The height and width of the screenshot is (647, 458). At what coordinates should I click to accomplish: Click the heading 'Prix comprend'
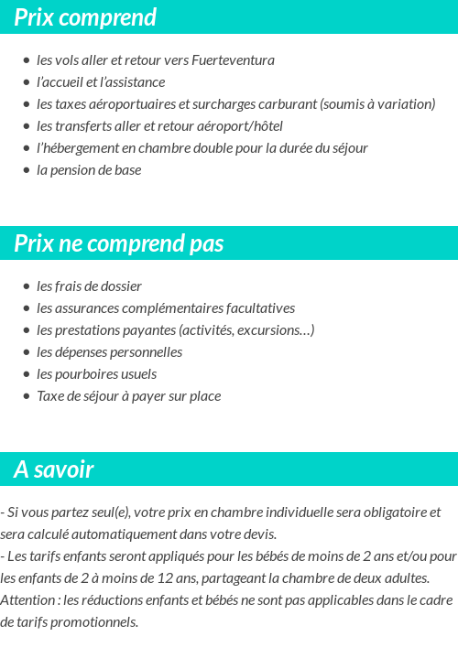tap(85, 17)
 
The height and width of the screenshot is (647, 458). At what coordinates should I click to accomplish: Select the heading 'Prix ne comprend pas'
tap(119, 243)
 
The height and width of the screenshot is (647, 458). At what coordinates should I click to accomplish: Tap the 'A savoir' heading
tap(54, 469)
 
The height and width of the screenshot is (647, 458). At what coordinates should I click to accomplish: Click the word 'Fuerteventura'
tap(233, 60)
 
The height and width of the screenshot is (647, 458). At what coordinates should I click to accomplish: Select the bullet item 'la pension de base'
tap(89, 170)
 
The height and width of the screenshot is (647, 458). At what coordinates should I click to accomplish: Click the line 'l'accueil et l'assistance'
tap(101, 82)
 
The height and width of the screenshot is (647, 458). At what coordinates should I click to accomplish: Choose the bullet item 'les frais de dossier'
tap(89, 286)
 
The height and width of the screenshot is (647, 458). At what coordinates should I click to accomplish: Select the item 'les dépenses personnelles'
tap(109, 352)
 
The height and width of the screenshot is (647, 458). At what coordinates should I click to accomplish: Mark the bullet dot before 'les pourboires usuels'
tap(27, 374)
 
